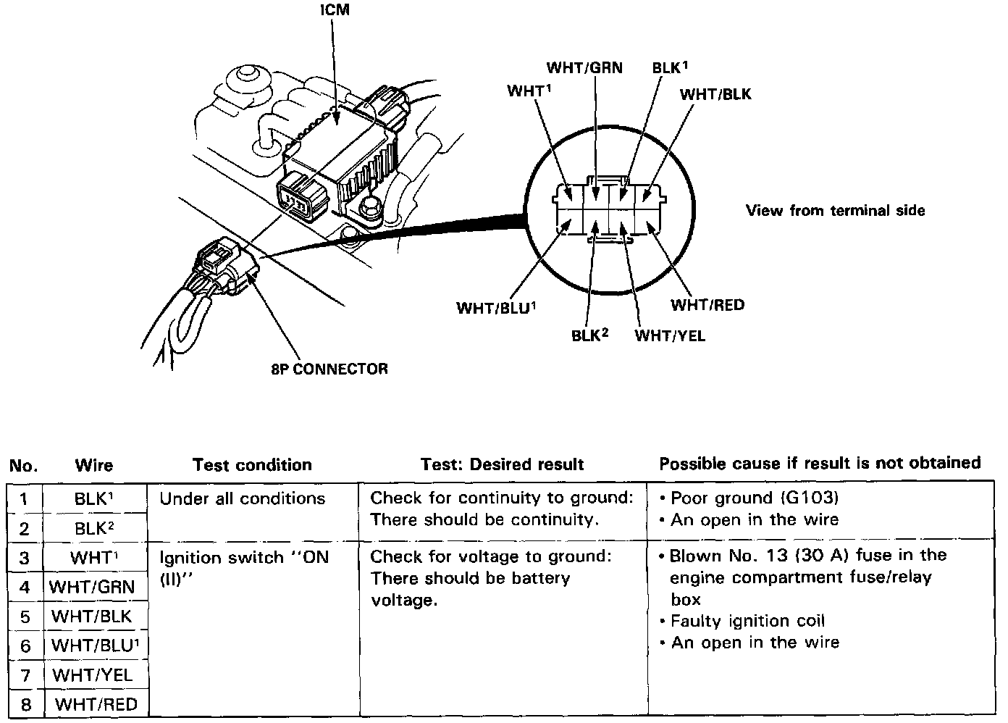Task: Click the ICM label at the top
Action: pos(333,12)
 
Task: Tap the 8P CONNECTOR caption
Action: pos(329,369)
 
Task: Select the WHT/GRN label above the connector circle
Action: pos(584,68)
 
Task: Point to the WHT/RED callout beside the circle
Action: pos(707,304)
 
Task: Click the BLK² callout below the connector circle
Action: pos(589,335)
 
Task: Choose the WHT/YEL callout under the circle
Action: pos(670,335)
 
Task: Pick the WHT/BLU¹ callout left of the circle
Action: pos(496,307)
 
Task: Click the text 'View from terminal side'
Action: pos(835,211)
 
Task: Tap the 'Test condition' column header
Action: pos(252,464)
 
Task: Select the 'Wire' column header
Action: pos(94,465)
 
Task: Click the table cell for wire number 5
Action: pos(25,617)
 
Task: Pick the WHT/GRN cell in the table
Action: pos(92,586)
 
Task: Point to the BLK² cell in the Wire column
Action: pos(95,528)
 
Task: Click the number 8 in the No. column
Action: pos(25,704)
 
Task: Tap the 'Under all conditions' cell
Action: pos(243,498)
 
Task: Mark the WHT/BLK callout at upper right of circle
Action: pos(715,94)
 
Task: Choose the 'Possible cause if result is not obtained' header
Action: pos(820,463)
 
